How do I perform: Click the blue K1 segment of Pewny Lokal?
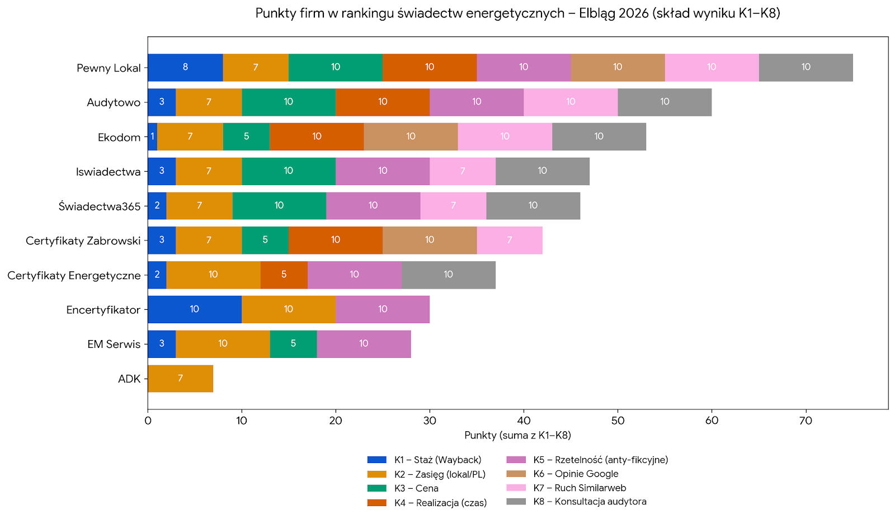185,67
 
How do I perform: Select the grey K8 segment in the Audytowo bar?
665,102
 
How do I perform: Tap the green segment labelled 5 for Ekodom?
246,136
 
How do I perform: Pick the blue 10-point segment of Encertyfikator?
194,309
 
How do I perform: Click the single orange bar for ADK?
180,379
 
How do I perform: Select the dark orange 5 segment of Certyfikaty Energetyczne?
284,275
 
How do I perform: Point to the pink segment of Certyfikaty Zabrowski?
509,240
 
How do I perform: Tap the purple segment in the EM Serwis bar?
364,344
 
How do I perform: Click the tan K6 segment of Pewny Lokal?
618,67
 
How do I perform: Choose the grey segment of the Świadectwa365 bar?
533,206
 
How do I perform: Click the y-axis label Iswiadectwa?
108,172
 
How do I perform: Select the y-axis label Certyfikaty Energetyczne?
74,275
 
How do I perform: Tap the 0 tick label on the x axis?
148,421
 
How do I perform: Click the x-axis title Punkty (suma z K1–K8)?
517,435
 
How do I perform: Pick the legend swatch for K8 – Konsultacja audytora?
516,502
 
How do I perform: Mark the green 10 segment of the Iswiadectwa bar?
288,171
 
